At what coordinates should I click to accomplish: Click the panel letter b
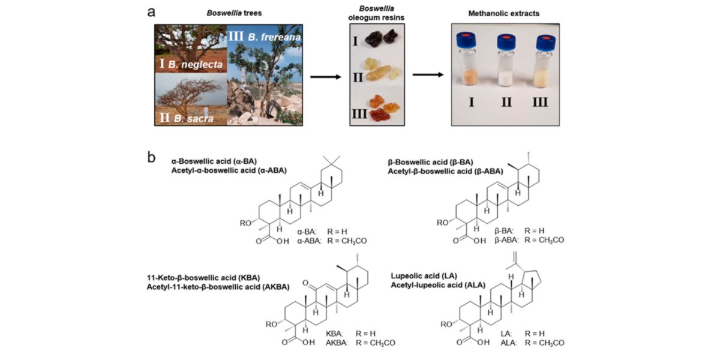[x=152, y=158]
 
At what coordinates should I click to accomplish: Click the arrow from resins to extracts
[x=428, y=75]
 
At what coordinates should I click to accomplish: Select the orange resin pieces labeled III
[x=386, y=107]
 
